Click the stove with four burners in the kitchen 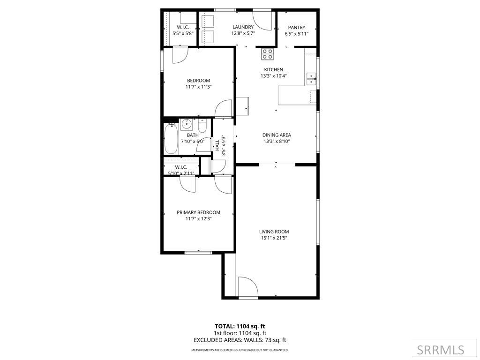268,54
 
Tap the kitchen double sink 311,79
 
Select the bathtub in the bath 171,139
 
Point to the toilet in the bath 202,126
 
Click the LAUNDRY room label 243,27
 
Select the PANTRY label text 296,27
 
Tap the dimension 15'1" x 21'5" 274,238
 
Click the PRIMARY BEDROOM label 198,212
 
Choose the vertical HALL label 217,145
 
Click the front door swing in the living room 247,287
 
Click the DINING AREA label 277,135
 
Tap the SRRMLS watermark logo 441,350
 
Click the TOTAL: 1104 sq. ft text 240,326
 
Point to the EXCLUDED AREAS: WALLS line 240,340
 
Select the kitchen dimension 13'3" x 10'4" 273,76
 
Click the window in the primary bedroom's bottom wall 198,253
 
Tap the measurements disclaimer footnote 240,350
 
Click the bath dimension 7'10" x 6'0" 193,141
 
